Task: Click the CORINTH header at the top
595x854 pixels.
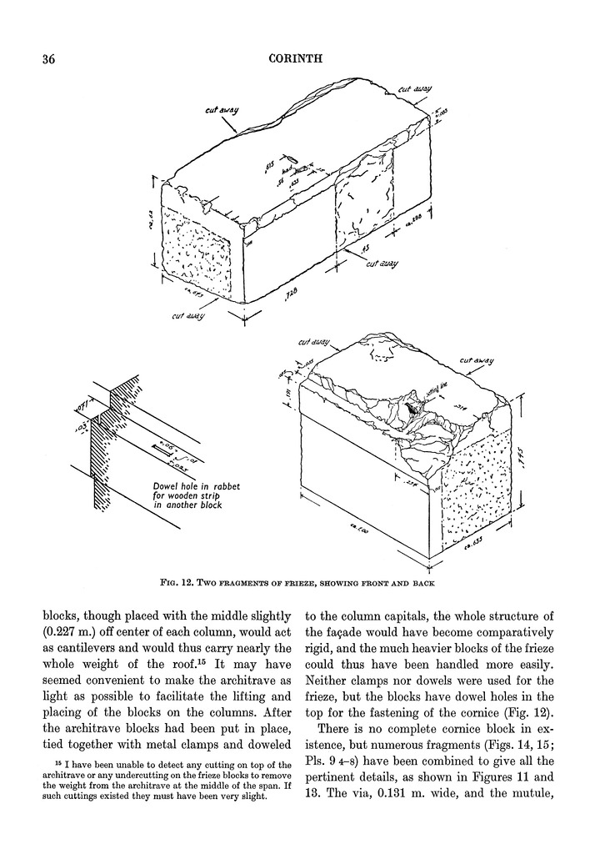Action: [296, 59]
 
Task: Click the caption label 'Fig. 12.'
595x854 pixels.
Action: [182, 581]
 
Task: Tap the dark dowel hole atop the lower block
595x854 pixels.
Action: [413, 409]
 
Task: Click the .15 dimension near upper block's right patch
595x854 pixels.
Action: [365, 249]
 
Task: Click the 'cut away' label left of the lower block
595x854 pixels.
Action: [312, 342]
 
